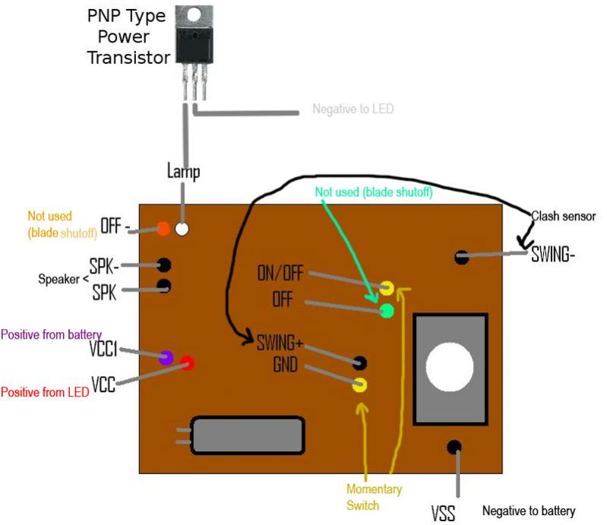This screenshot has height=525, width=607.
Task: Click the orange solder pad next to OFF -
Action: [163, 229]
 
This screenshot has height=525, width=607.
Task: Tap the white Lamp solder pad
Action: [182, 229]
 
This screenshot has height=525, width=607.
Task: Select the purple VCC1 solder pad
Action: [166, 357]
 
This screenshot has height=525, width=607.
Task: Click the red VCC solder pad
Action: [188, 363]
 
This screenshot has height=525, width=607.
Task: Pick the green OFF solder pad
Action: [387, 311]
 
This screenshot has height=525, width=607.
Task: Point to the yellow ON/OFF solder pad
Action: [387, 288]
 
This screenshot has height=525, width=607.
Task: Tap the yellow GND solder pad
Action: [359, 385]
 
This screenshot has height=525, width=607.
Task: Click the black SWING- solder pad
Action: [461, 256]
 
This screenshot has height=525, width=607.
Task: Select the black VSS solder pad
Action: [454, 448]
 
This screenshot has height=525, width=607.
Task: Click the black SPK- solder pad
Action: [164, 265]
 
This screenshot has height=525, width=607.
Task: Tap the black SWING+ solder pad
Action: [359, 362]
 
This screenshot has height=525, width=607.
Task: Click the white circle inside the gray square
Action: [450, 367]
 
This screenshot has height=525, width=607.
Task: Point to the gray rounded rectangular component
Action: [248, 435]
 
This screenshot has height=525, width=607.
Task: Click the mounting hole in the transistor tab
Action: [194, 15]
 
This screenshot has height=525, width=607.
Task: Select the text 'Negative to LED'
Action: [353, 109]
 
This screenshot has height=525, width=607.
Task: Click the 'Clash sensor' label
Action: [563, 216]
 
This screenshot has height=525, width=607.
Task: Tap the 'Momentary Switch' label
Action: [374, 497]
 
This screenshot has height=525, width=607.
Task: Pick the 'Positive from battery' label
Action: [52, 334]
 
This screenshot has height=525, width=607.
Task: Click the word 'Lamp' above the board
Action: [184, 171]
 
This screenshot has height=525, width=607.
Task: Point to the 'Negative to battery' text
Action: [529, 511]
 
